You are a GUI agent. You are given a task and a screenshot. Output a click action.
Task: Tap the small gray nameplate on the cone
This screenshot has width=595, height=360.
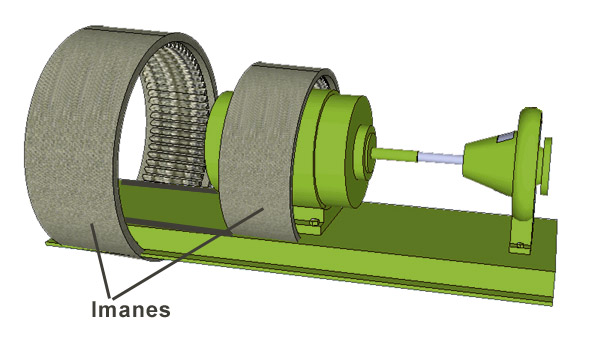507,134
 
